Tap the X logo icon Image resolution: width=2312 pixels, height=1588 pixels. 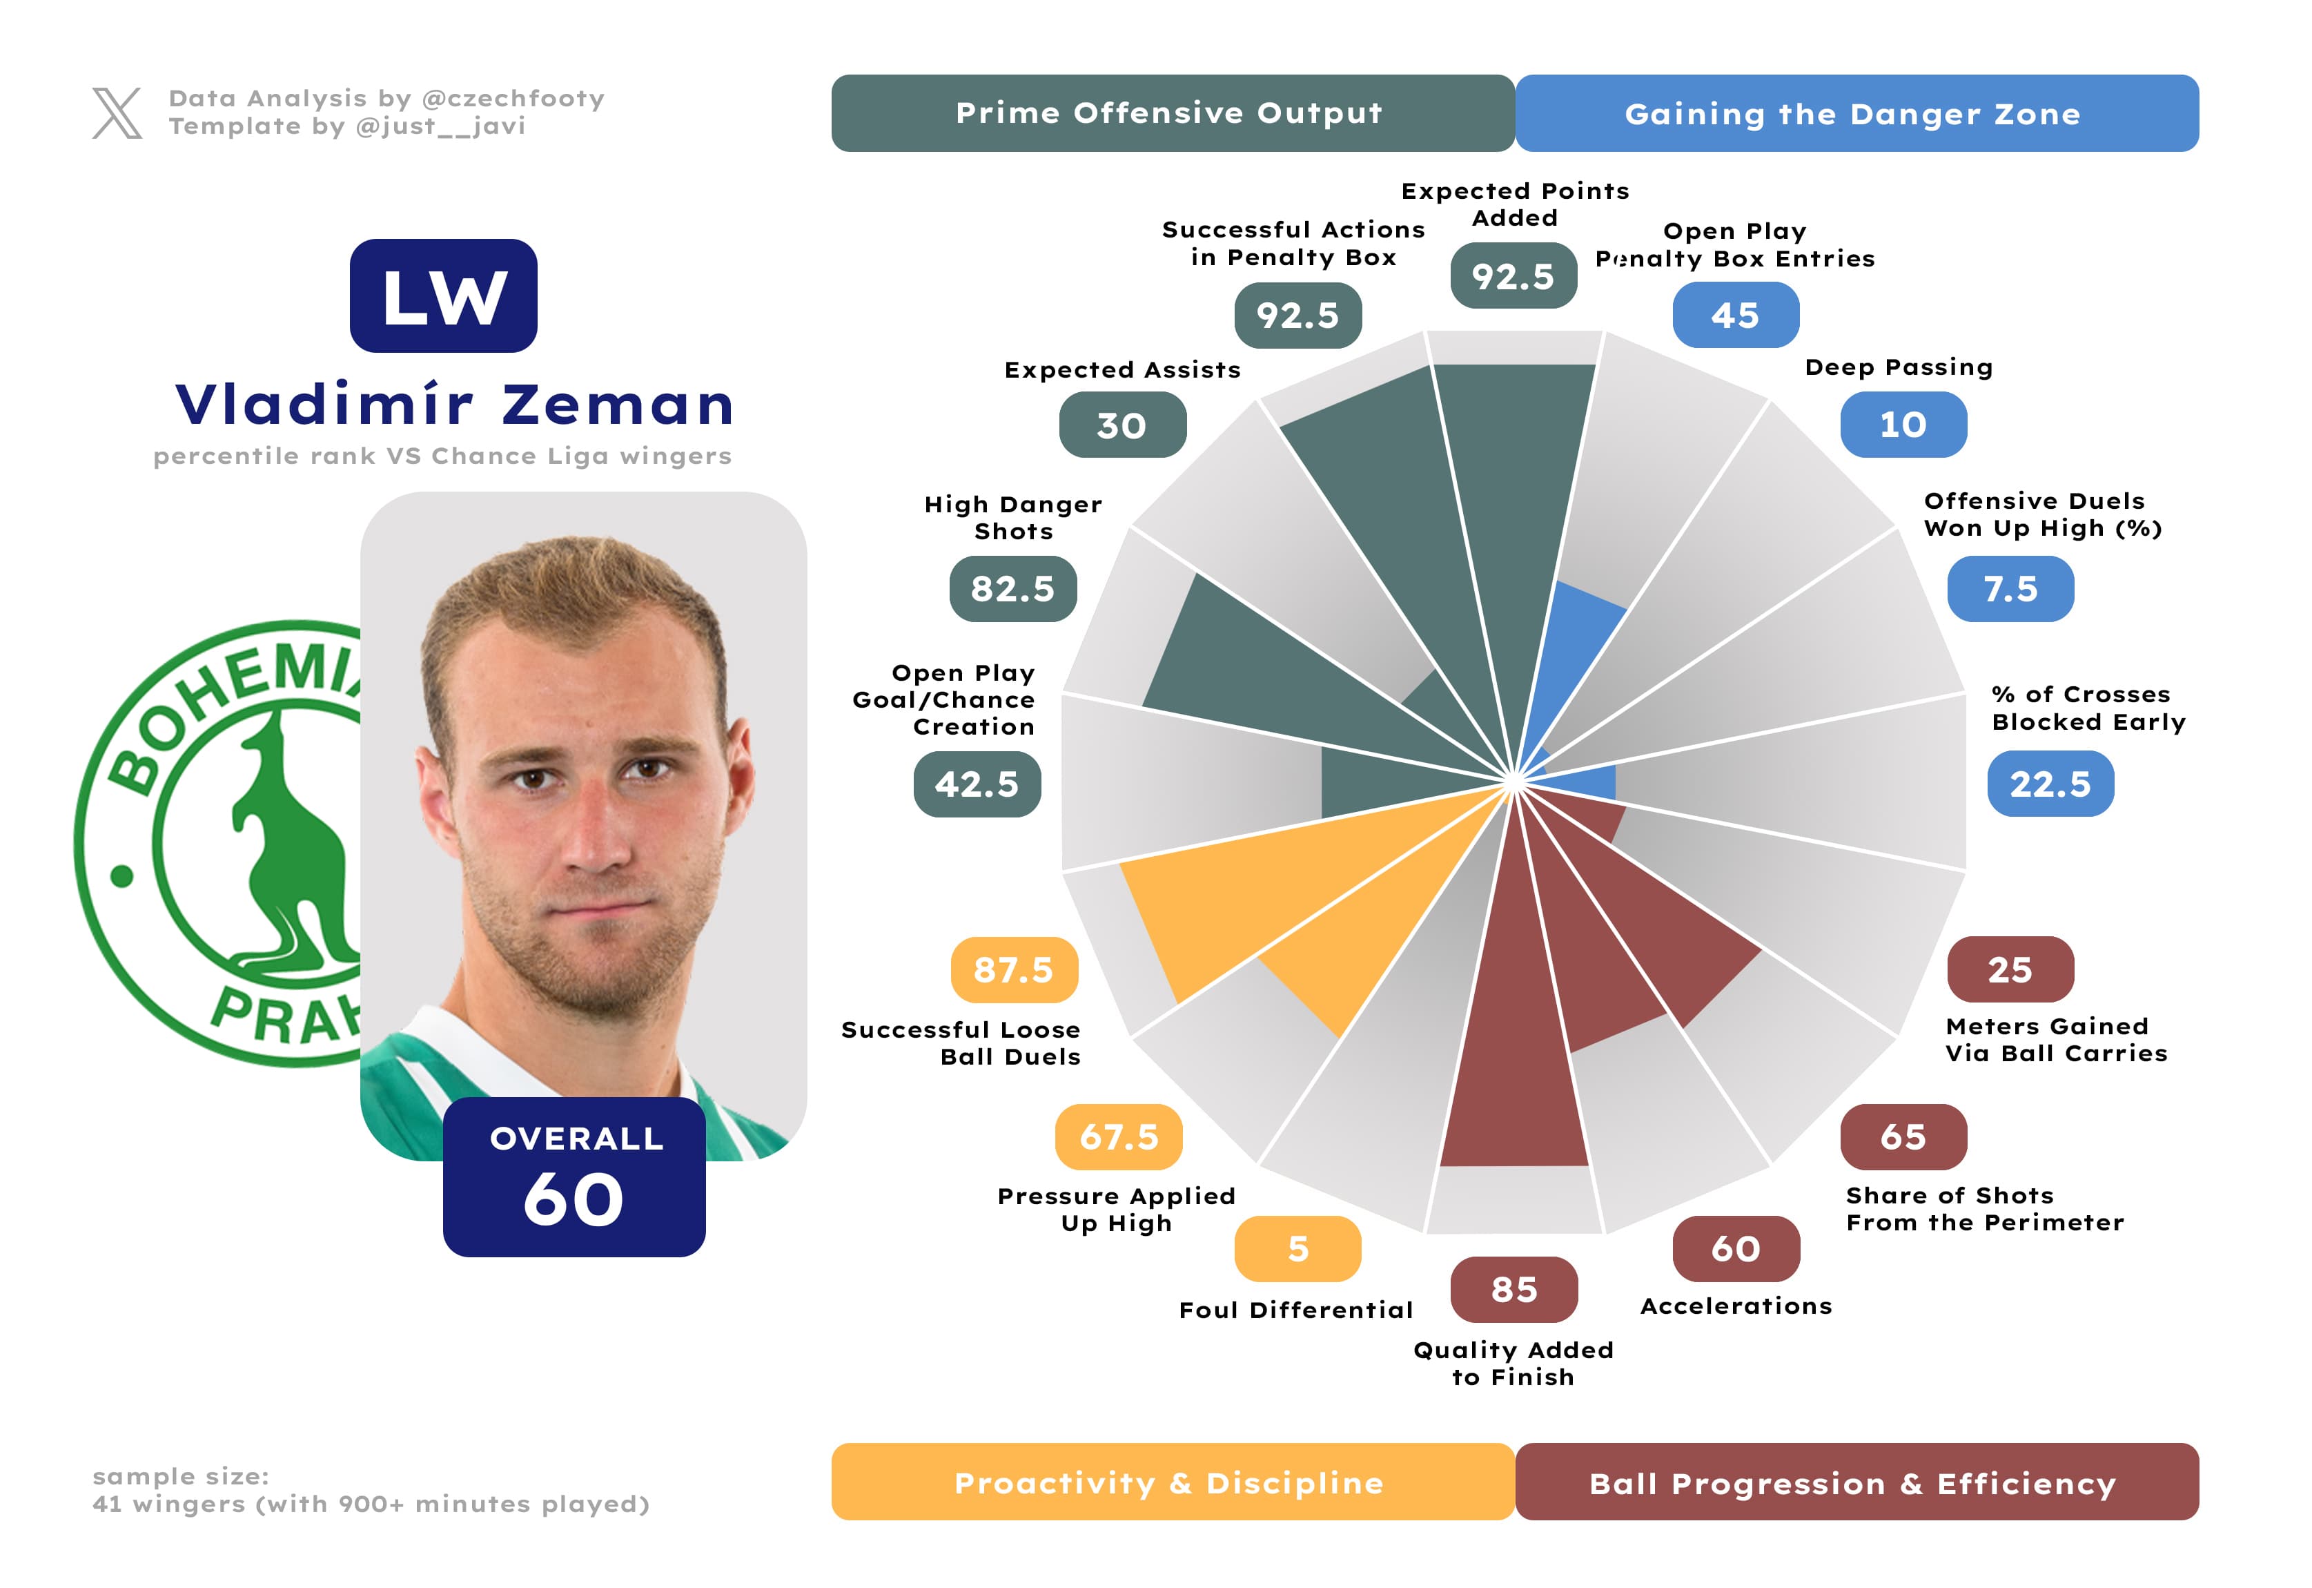(117, 113)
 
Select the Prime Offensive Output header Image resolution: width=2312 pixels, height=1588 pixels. (1172, 113)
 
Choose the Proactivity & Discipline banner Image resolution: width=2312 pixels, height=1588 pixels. (1172, 1482)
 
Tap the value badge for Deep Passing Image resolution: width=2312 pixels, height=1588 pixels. (1902, 425)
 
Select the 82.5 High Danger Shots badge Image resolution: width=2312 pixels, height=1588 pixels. (1012, 589)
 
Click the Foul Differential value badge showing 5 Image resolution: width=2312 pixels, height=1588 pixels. (1297, 1249)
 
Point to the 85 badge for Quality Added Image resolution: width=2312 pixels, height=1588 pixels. (1513, 1290)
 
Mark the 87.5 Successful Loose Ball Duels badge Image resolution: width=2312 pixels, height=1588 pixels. (1012, 969)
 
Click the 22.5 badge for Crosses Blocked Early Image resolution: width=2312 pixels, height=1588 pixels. (2049, 784)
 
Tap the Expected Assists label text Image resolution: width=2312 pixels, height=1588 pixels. (1122, 370)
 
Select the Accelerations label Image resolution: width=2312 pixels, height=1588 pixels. (1736, 1306)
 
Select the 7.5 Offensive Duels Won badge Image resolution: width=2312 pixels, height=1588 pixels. (2010, 589)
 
